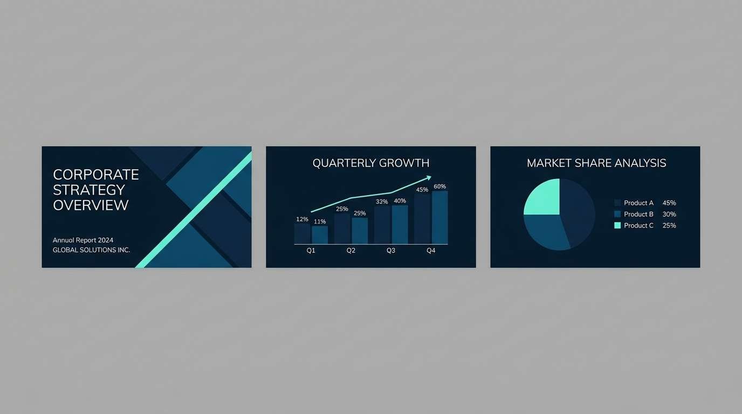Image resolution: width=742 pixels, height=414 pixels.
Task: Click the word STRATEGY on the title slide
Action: point(89,190)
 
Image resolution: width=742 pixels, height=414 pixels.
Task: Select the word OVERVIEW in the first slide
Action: point(91,205)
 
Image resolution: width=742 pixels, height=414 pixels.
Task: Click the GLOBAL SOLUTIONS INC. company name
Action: point(91,250)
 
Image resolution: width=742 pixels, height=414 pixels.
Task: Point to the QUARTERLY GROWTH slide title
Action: point(371,163)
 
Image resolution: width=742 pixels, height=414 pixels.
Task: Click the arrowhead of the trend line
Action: point(429,177)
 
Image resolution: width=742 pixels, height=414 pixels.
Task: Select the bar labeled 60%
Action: point(439,218)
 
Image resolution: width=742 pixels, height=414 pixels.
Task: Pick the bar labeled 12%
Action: point(302,233)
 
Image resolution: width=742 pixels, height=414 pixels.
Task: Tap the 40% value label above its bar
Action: point(400,201)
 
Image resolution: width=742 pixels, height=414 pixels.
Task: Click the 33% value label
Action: point(382,202)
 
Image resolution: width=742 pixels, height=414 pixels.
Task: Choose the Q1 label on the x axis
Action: point(311,251)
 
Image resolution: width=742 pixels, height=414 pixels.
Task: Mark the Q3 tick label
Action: point(391,251)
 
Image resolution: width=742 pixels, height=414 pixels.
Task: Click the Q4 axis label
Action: point(431,251)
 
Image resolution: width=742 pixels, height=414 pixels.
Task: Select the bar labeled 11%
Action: point(320,235)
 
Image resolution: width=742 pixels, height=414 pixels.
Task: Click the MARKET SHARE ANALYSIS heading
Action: point(596,163)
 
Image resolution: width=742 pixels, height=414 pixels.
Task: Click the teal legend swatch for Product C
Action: point(617,225)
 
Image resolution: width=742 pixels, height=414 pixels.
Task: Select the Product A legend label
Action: point(638,203)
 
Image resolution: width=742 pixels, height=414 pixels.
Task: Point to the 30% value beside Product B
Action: point(669,214)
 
